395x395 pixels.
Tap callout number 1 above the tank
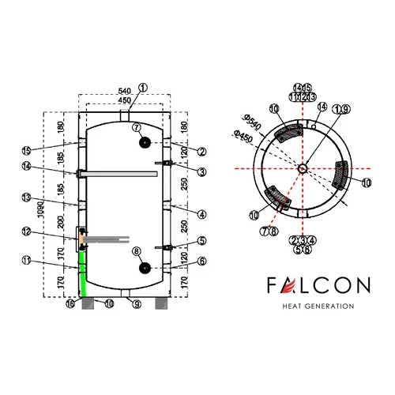[x=143, y=88]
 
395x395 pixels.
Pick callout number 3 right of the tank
[x=202, y=171]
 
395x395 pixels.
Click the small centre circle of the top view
[x=303, y=167]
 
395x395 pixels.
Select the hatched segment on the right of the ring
[x=342, y=175]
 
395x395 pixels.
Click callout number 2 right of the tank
[x=202, y=151]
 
